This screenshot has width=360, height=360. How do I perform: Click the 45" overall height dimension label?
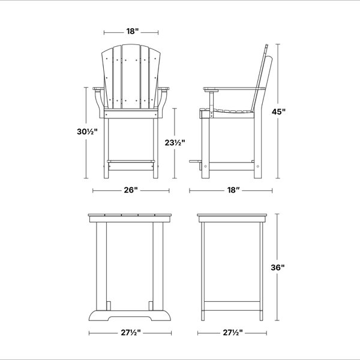pyautogui.click(x=278, y=112)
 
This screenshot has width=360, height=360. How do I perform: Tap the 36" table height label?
pyautogui.click(x=278, y=268)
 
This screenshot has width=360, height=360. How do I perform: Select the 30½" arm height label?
pyautogui.click(x=87, y=131)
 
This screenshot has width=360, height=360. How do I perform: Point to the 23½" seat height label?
pyautogui.click(x=175, y=143)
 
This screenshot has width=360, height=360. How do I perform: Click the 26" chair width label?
pyautogui.click(x=131, y=190)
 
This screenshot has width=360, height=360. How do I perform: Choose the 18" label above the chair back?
pyautogui.click(x=133, y=31)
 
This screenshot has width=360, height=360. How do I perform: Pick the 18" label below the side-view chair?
pyautogui.click(x=233, y=190)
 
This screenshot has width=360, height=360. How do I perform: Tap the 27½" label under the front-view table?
pyautogui.click(x=131, y=332)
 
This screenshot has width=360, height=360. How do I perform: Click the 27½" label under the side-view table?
pyautogui.click(x=233, y=332)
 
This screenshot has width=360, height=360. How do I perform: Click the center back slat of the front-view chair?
pyautogui.click(x=131, y=76)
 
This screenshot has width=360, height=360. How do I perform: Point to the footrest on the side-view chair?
pyautogui.click(x=195, y=161)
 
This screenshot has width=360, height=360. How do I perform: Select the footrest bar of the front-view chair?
pyautogui.click(x=131, y=161)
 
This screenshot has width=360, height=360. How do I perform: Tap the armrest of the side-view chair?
pyautogui.click(x=234, y=89)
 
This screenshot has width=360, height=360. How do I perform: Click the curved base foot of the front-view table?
pyautogui.click(x=130, y=316)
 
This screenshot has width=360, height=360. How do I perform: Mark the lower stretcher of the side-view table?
pyautogui.click(x=232, y=306)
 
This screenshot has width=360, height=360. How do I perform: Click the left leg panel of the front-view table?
pyautogui.click(x=101, y=266)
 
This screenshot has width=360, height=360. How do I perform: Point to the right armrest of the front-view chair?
pyautogui.click(x=163, y=89)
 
